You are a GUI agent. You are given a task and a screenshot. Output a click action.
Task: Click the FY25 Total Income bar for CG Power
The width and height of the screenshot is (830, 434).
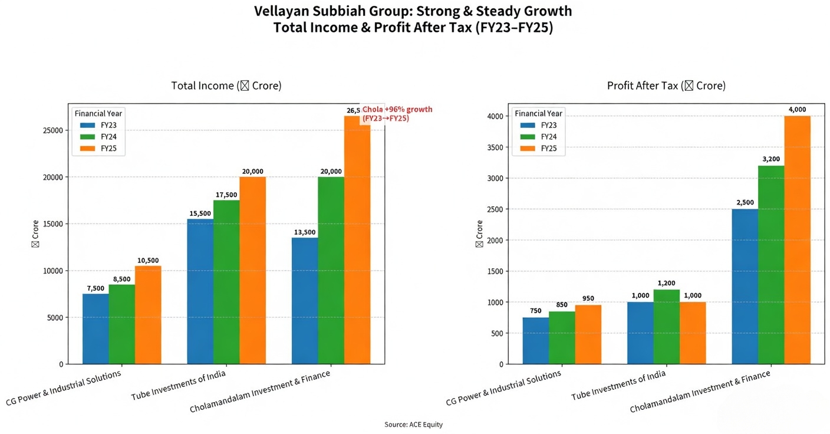click(148, 315)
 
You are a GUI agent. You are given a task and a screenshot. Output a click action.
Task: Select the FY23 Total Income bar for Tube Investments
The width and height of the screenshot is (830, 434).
click(200, 292)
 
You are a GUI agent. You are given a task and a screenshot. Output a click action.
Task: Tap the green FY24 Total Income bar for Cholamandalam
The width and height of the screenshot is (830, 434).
click(331, 271)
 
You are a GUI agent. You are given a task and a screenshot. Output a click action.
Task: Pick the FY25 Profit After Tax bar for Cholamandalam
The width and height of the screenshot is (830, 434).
click(797, 240)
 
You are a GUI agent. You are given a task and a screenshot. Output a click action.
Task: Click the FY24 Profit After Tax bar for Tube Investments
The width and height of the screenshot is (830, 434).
click(666, 327)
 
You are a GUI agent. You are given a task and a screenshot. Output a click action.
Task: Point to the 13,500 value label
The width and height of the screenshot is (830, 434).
click(305, 232)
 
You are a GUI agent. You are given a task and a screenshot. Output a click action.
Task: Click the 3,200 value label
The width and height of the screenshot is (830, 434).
click(771, 160)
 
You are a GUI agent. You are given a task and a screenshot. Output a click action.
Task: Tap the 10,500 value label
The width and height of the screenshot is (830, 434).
click(148, 261)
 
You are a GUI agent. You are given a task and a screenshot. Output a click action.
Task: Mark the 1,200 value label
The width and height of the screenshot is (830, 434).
click(666, 284)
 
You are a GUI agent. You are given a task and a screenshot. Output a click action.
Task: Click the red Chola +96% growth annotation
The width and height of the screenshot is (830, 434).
click(397, 114)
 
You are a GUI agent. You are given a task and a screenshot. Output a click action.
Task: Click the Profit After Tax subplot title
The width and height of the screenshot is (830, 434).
click(666, 86)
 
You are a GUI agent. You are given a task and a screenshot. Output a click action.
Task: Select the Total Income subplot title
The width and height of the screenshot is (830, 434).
click(226, 86)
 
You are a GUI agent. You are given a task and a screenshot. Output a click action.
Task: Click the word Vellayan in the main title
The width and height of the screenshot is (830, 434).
click(282, 11)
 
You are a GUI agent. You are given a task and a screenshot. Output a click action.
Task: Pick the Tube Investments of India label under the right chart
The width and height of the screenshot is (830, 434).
click(619, 386)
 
